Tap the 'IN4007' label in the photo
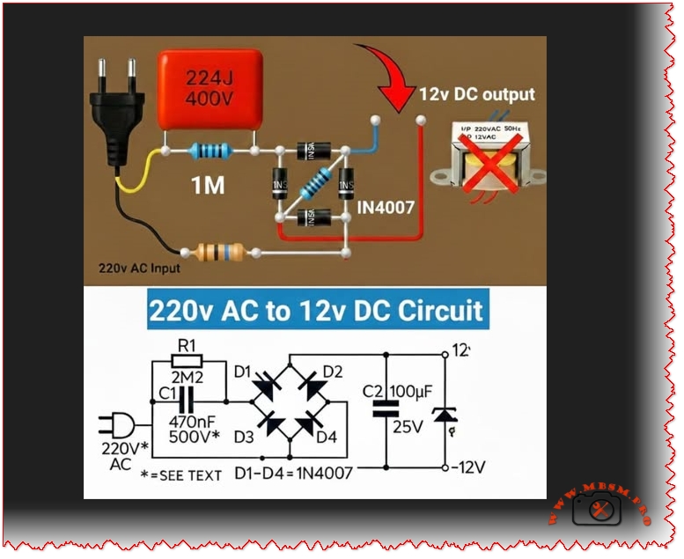click(x=384, y=210)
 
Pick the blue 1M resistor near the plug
click(x=210, y=151)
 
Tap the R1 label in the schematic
click(x=187, y=345)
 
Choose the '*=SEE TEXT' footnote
click(x=181, y=475)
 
